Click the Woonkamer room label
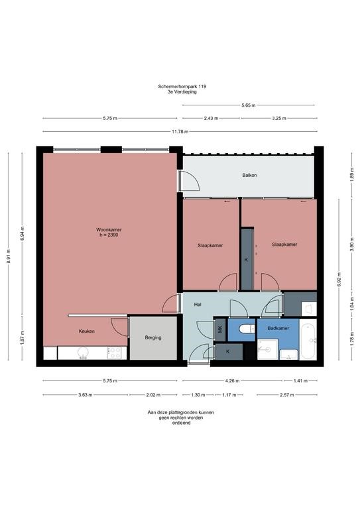109,229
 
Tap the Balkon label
249,175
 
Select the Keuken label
87,331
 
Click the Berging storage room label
153,337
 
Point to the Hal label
198,304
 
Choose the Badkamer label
278,328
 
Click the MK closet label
219,328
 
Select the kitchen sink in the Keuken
84,354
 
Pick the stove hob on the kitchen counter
114,353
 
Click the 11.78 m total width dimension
177,131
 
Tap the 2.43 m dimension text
211,118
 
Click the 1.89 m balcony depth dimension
351,176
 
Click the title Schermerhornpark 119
180,86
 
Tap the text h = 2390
109,235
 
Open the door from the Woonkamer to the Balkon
180,181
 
